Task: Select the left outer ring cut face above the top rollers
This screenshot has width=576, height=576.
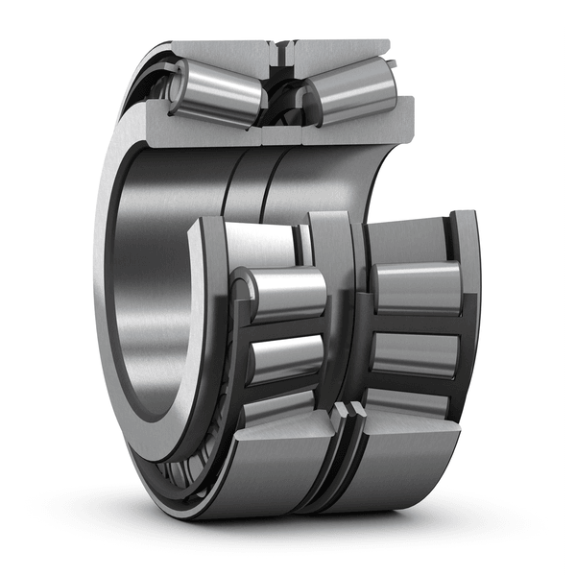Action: coord(226,49)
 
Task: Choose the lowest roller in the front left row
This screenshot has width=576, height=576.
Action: coord(278,408)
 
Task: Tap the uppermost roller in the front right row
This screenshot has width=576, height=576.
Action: coord(417,286)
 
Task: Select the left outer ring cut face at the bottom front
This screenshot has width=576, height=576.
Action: coord(278,470)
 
